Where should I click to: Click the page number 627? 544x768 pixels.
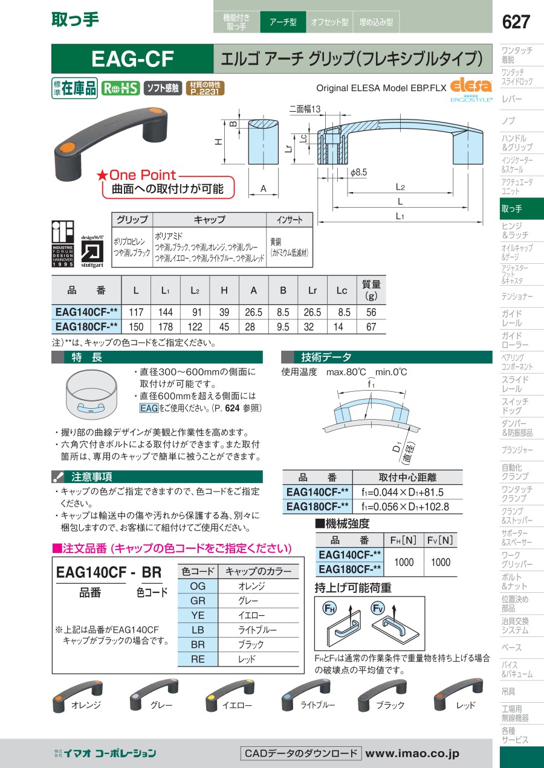pos(516,22)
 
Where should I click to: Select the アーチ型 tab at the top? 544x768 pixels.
pos(283,22)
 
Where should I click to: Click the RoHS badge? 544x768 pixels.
pos(120,88)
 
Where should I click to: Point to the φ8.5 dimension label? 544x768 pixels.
pos(358,172)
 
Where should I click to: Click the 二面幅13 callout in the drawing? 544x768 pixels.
pos(305,109)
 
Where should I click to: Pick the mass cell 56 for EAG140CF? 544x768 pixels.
pos(371,312)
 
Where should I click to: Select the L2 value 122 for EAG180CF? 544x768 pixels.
pos(195,327)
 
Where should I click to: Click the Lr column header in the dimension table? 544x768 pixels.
pos(312,290)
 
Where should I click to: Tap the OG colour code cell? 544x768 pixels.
pos(198,586)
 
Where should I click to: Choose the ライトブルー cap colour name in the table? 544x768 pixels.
pos(257,630)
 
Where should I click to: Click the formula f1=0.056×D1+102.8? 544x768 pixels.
pos(405,507)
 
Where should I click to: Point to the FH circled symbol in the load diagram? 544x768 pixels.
pos(329,609)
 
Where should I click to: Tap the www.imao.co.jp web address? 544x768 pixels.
pos(412,754)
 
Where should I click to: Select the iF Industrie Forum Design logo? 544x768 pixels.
pos(63,244)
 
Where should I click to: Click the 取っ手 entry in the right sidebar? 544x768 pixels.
pos(522,208)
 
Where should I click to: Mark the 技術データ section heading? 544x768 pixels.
pos(326,357)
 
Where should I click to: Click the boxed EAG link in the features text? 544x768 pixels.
pos(149,408)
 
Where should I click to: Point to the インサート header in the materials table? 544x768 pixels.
pos(290,220)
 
